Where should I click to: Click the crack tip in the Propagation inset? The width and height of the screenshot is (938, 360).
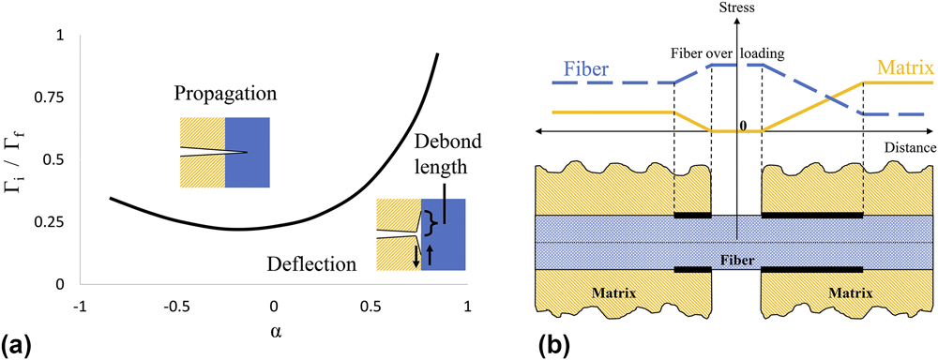(x=247, y=153)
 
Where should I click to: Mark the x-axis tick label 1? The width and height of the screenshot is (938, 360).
(x=466, y=307)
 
